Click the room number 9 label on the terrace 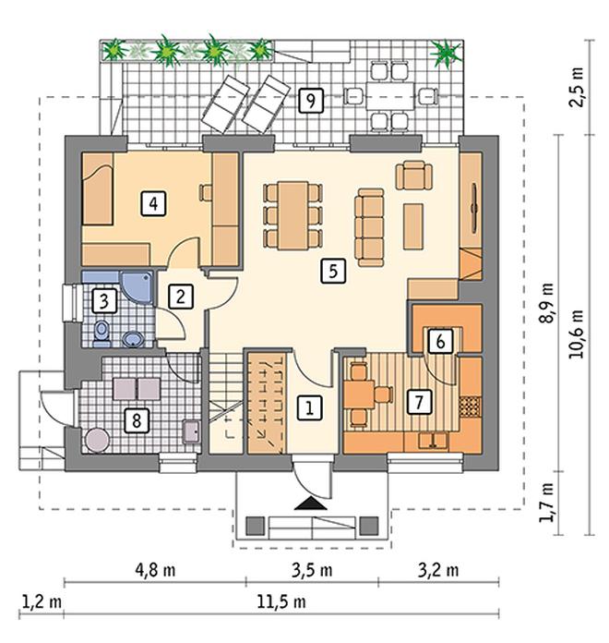pyautogui.click(x=311, y=101)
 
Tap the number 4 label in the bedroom pyautogui.click(x=153, y=203)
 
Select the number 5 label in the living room pyautogui.click(x=333, y=271)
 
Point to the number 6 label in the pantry pyautogui.click(x=441, y=341)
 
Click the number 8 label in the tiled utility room pyautogui.click(x=137, y=420)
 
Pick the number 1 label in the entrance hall pyautogui.click(x=310, y=407)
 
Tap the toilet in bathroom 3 pyautogui.click(x=101, y=333)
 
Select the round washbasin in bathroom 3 pyautogui.click(x=133, y=339)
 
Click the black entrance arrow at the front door pyautogui.click(x=310, y=503)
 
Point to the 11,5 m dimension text pyautogui.click(x=281, y=602)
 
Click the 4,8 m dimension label pyautogui.click(x=155, y=570)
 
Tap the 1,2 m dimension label pyautogui.click(x=42, y=602)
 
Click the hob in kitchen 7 pyautogui.click(x=470, y=406)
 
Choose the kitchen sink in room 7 pyautogui.click(x=433, y=440)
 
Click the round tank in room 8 pyautogui.click(x=97, y=441)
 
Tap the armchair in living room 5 pyautogui.click(x=414, y=176)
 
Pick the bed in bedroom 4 pyautogui.click(x=98, y=189)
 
